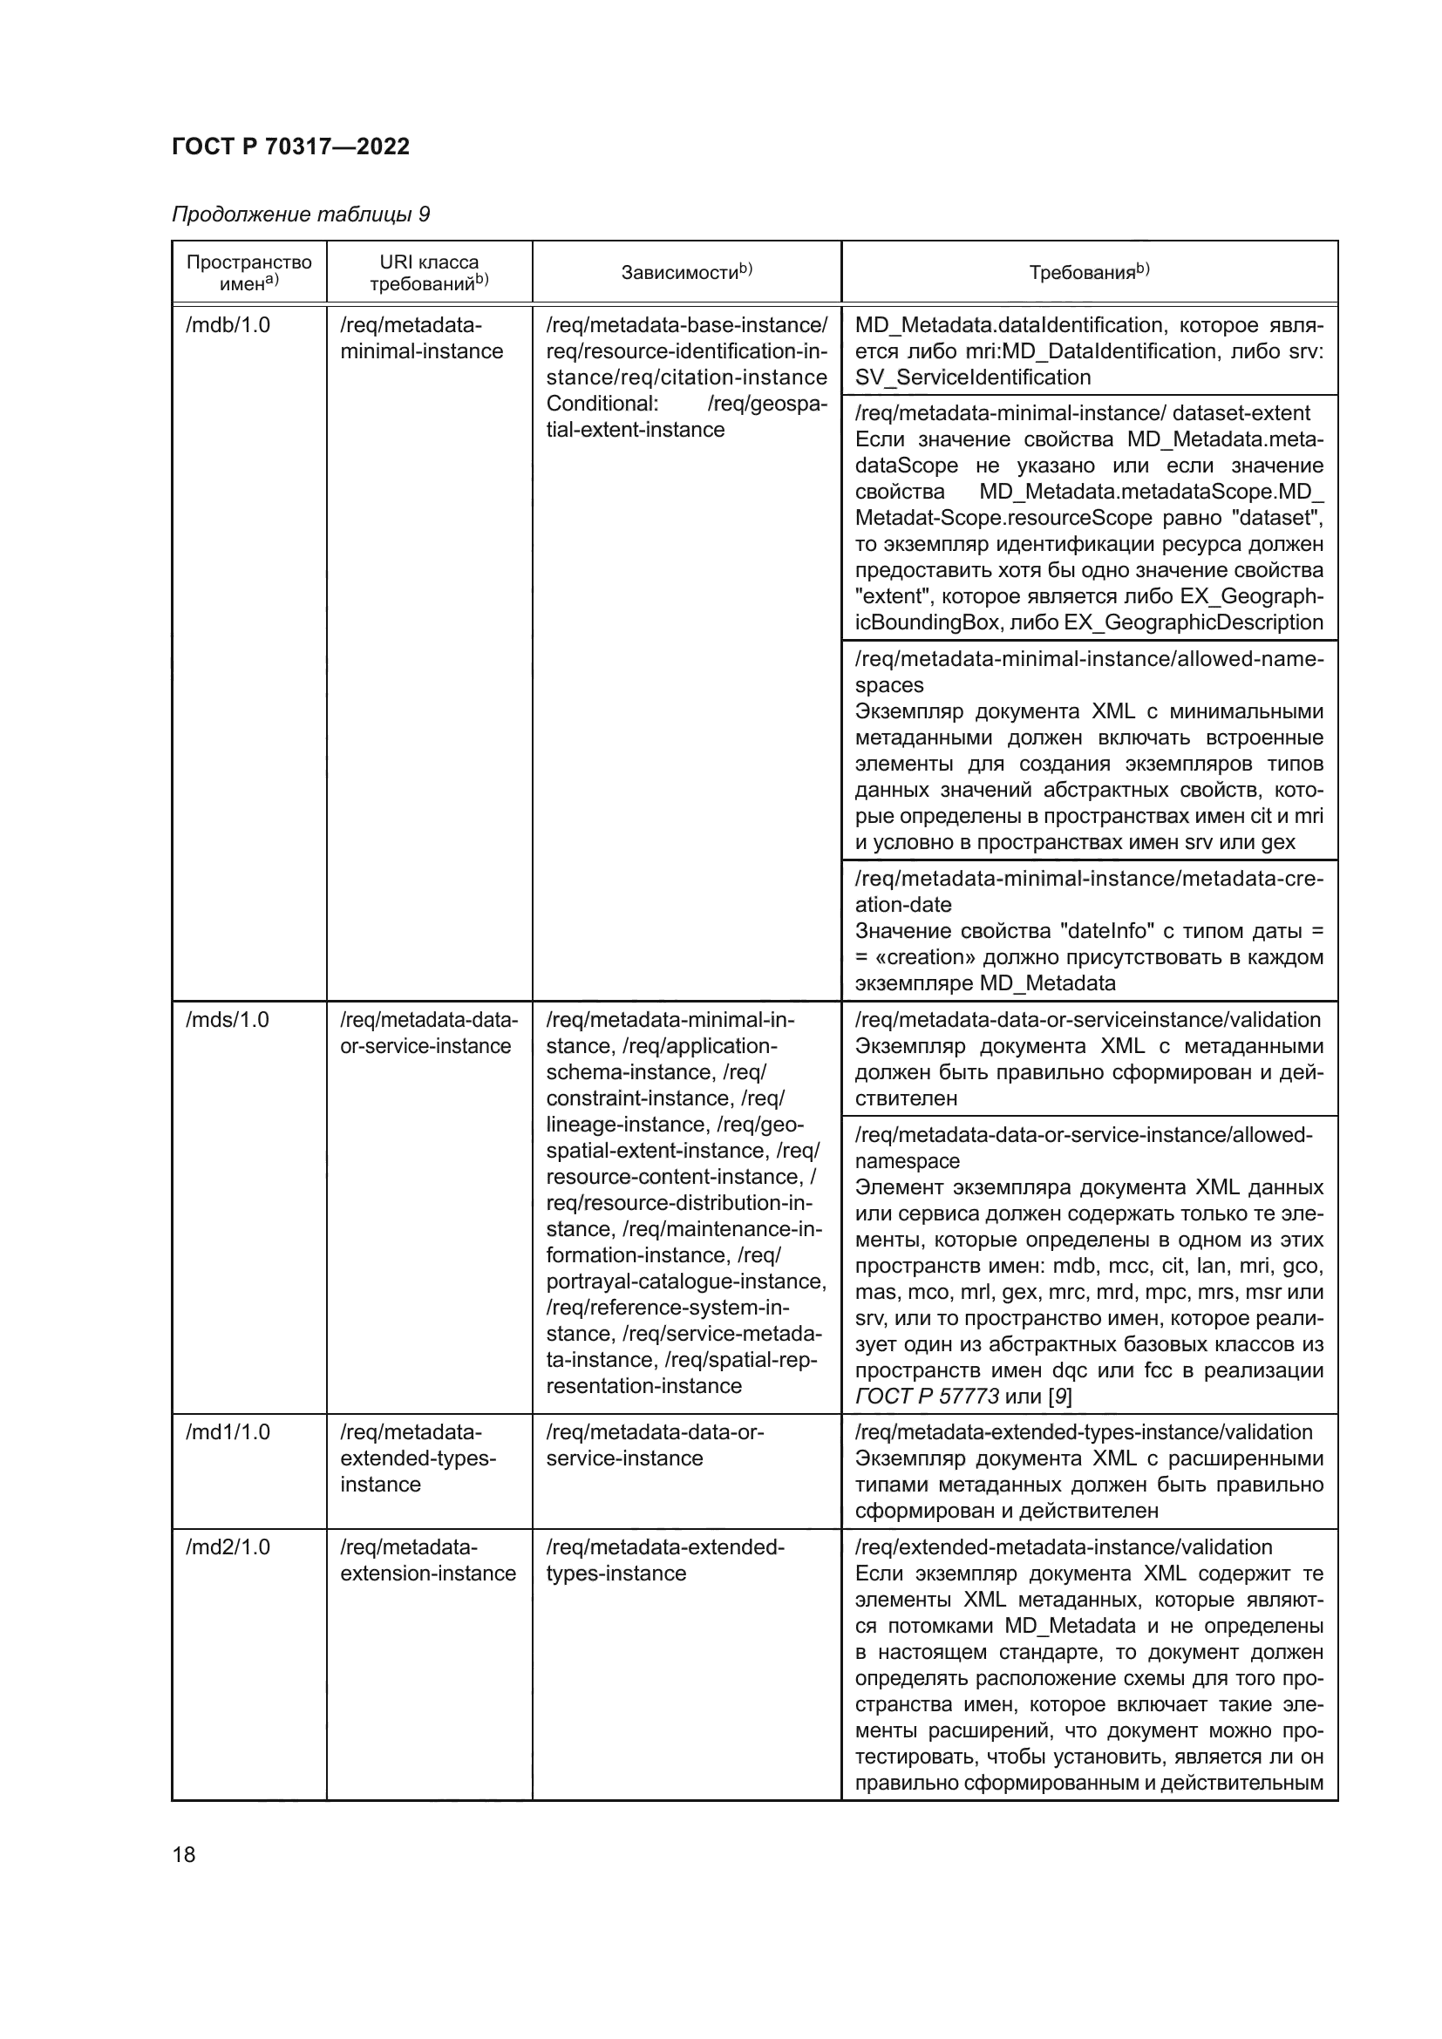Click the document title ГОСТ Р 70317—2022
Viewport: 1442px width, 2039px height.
[x=290, y=146]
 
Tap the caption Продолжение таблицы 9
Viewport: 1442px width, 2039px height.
[x=300, y=214]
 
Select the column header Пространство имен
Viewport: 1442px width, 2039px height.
[x=248, y=273]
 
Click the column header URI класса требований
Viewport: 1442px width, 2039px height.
[x=429, y=273]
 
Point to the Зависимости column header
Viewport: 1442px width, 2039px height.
[x=685, y=273]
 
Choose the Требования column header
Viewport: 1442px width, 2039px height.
[x=1089, y=273]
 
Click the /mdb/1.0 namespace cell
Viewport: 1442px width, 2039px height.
[x=228, y=325]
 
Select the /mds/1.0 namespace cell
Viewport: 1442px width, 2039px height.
[x=227, y=1020]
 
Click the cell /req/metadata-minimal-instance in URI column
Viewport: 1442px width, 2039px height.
[x=421, y=338]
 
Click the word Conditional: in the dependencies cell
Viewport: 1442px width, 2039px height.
[x=602, y=404]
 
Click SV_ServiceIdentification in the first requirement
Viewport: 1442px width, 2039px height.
[x=972, y=377]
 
